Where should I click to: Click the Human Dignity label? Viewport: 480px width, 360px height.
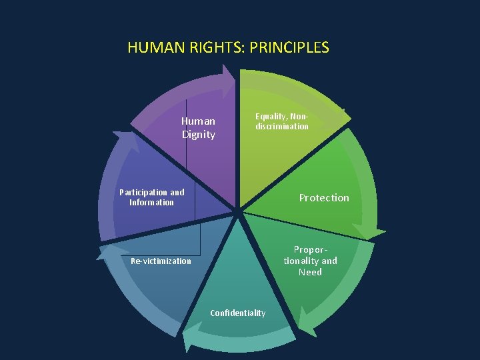(x=199, y=127)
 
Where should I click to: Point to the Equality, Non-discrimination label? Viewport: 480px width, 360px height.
(x=282, y=121)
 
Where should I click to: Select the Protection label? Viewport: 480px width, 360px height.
(x=324, y=197)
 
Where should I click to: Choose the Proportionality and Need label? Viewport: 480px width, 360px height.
(x=311, y=261)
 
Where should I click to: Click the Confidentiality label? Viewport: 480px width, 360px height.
(x=237, y=313)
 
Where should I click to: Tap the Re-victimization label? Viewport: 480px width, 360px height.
(x=161, y=261)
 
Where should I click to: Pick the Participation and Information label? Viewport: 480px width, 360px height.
(x=151, y=197)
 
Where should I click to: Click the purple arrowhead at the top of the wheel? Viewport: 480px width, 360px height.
(x=229, y=78)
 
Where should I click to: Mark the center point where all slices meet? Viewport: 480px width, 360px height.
(x=238, y=212)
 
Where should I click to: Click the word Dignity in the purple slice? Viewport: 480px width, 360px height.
(x=199, y=134)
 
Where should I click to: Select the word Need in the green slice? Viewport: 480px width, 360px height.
(x=311, y=272)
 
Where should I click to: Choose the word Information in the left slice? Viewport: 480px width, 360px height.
(x=151, y=203)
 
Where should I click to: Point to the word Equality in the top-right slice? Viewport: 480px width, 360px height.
(x=270, y=116)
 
